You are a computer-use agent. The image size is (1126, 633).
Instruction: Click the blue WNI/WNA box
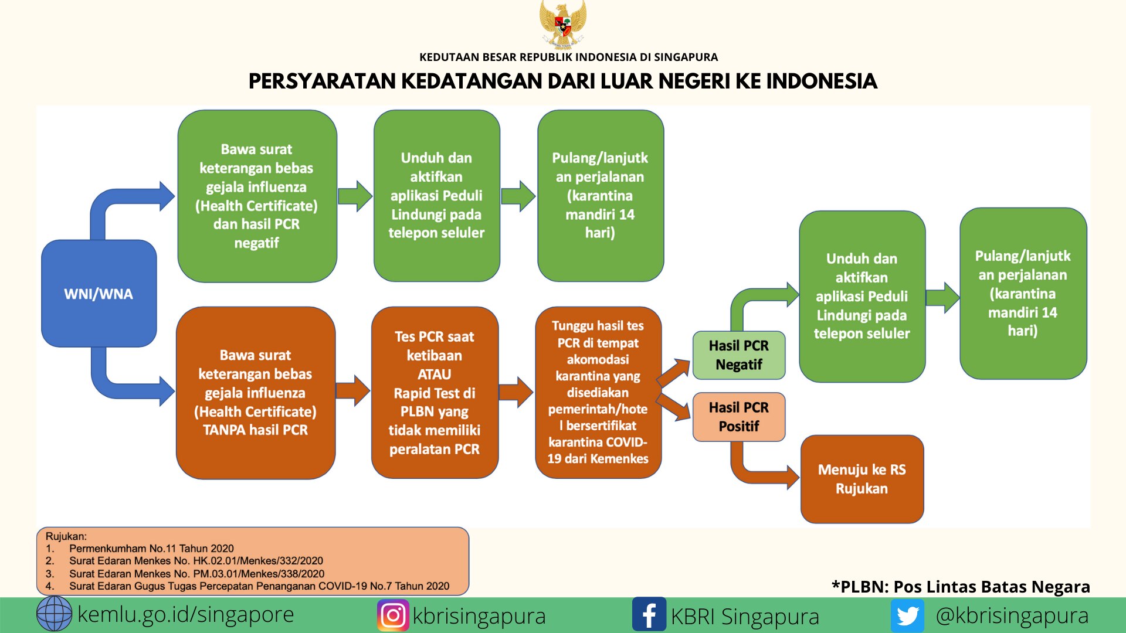99,293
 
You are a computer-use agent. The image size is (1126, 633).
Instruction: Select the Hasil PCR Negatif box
739,355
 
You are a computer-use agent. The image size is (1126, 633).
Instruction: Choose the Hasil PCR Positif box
739,417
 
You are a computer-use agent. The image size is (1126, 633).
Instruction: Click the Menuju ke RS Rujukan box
862,479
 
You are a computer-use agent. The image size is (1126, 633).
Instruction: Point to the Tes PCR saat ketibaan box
435,393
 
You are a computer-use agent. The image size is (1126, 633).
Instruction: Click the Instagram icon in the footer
393,615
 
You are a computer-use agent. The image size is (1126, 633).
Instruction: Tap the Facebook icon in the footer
649,614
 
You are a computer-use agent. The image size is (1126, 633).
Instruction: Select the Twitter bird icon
907,616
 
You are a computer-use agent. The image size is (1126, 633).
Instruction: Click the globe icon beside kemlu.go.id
54,614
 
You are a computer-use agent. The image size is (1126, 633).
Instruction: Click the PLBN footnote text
961,587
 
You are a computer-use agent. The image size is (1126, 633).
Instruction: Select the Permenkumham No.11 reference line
151,549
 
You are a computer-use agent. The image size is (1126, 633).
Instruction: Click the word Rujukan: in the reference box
66,536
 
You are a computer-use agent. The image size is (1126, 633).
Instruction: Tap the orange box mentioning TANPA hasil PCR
256,393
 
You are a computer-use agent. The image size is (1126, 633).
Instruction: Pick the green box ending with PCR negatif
257,196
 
